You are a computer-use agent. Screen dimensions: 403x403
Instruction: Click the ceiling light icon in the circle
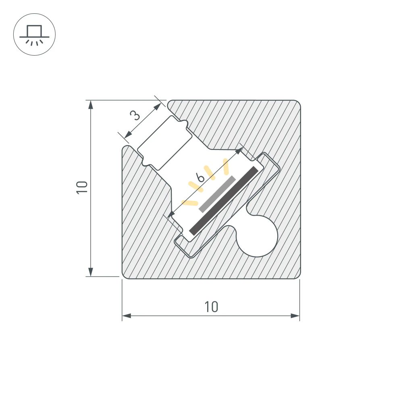pyautogui.click(x=34, y=35)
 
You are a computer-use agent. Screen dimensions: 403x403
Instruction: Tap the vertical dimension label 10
pyautogui.click(x=82, y=187)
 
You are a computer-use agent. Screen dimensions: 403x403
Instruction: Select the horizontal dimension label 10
pyautogui.click(x=211, y=307)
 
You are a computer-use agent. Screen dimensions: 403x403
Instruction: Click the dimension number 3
pyautogui.click(x=136, y=116)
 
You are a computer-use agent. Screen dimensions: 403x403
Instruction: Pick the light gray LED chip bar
pyautogui.click(x=217, y=193)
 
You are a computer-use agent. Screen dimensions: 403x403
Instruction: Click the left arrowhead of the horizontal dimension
pyautogui.click(x=127, y=316)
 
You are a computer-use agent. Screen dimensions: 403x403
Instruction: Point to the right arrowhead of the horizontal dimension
pyautogui.click(x=295, y=316)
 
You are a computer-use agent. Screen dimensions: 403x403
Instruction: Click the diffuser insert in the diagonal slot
pyautogui.click(x=163, y=142)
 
